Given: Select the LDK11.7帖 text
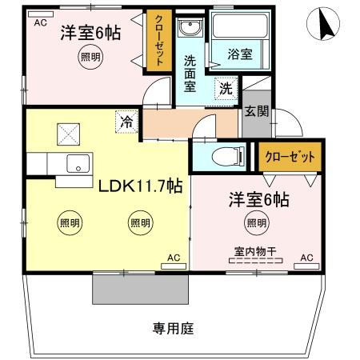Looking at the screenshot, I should [x=141, y=186].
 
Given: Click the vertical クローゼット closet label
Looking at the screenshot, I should [x=159, y=45].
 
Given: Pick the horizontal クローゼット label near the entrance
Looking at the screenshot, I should [x=290, y=156].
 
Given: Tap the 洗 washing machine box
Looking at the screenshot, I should [x=226, y=88].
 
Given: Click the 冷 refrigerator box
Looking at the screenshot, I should [x=126, y=122].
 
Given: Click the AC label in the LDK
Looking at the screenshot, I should [x=173, y=258].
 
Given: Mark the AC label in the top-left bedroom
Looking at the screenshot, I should [x=40, y=23].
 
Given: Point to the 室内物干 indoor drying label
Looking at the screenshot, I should [x=255, y=251].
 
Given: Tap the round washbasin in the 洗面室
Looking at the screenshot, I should [x=189, y=30].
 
